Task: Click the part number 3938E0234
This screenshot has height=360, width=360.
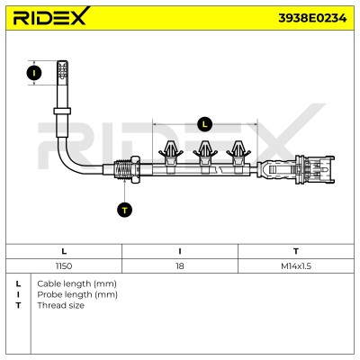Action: (312, 18)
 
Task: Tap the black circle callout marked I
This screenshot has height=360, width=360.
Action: (34, 73)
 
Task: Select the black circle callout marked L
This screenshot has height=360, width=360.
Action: (205, 124)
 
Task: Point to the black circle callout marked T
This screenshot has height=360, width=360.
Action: (124, 210)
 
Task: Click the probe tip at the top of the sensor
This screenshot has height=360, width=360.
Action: (62, 70)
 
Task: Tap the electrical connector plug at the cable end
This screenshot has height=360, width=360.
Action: (314, 170)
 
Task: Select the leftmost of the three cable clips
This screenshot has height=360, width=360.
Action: (171, 157)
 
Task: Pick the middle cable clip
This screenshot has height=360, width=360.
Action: (205, 157)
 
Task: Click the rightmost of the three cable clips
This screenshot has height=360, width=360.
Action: (238, 157)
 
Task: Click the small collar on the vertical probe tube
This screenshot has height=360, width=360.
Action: (62, 112)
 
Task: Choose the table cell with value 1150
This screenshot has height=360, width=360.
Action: (64, 266)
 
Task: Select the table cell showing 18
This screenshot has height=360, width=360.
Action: (180, 266)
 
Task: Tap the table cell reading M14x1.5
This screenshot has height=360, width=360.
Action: (296, 266)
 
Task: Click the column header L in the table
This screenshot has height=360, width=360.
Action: (64, 251)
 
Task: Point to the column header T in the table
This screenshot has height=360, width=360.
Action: (296, 251)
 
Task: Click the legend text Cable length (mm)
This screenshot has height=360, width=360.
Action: (76, 283)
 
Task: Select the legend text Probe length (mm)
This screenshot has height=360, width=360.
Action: (77, 294)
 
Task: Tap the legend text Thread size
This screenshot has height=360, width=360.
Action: (60, 305)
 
